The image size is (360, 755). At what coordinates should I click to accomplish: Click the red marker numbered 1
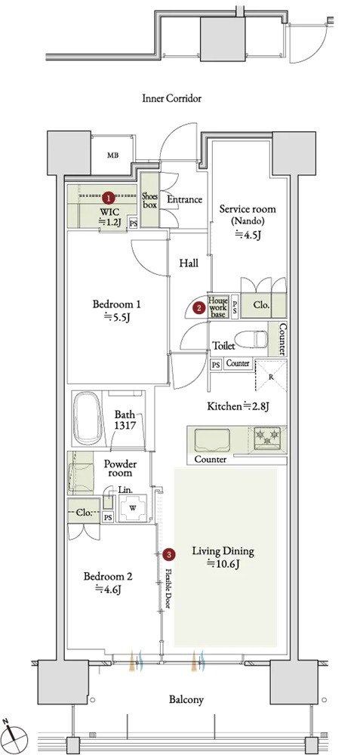tap(109, 196)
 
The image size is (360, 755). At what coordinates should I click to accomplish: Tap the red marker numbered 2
tap(197, 307)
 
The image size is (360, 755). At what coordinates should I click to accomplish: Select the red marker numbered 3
tap(168, 555)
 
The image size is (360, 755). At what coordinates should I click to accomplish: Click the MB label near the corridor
tap(112, 155)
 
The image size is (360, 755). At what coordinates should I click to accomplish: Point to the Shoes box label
tap(149, 199)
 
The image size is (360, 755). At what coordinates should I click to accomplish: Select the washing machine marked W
tap(132, 507)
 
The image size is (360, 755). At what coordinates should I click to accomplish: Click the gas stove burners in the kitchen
tap(269, 437)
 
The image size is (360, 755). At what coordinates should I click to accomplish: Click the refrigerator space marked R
tap(270, 376)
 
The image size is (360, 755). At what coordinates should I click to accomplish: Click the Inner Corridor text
tap(171, 99)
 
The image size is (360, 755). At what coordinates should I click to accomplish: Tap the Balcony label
tap(186, 699)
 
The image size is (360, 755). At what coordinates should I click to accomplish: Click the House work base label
tap(217, 307)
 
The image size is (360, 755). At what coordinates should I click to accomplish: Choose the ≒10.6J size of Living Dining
tap(223, 564)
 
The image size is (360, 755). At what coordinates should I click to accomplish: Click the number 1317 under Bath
tap(125, 425)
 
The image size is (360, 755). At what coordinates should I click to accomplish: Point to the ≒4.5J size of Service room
tap(247, 235)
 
